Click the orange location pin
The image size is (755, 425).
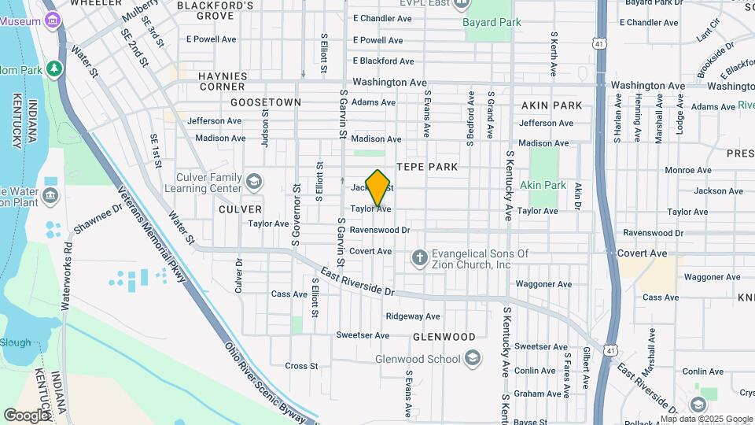click(x=378, y=187)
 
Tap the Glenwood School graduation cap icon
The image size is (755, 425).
click(x=472, y=360)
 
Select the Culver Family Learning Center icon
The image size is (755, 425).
click(x=254, y=183)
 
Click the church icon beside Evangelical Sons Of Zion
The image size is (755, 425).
click(x=419, y=258)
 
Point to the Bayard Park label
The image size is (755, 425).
click(x=492, y=22)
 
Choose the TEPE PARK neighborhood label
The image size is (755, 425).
click(x=426, y=167)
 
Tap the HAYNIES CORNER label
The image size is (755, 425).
click(x=223, y=81)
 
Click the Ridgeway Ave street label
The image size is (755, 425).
click(x=413, y=316)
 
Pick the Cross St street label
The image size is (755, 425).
click(x=301, y=366)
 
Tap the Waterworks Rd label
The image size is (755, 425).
click(x=68, y=268)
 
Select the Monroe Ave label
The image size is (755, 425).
click(x=687, y=170)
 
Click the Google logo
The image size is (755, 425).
click(x=27, y=415)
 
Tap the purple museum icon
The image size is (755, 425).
click(x=53, y=19)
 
